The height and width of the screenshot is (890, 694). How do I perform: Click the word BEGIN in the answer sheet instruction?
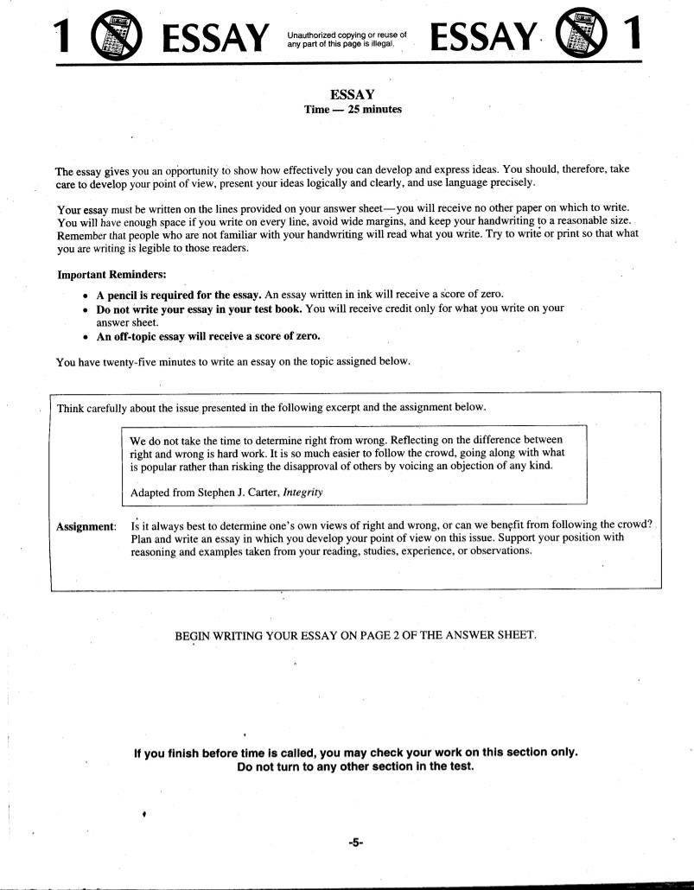pyautogui.click(x=195, y=635)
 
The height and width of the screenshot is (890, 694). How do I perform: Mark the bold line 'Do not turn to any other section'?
pyautogui.click(x=355, y=767)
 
